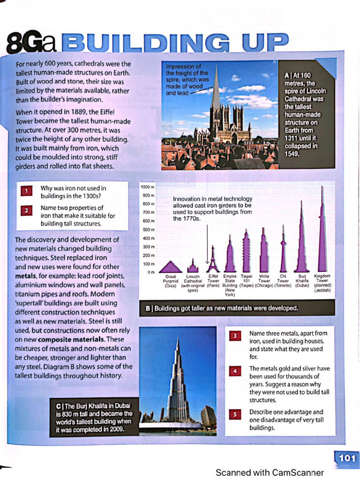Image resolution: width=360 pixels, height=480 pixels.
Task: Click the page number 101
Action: tap(346, 458)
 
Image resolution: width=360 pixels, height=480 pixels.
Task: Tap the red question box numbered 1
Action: tap(27, 191)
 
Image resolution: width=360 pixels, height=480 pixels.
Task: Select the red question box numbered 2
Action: tap(27, 211)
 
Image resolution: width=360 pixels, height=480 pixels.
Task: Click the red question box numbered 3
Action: tap(235, 336)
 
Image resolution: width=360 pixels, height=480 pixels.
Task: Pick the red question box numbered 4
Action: tap(235, 371)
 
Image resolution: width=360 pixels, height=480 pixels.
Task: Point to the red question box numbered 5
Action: tap(235, 414)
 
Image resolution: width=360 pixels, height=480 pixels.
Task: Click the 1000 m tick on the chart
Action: tap(148, 187)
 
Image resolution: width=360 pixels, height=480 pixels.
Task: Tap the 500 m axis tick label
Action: tap(148, 229)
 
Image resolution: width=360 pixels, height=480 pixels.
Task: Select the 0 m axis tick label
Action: tap(150, 272)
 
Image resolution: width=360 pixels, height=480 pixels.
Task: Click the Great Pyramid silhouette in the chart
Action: tap(171, 268)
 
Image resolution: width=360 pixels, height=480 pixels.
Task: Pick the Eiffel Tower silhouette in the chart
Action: tap(213, 261)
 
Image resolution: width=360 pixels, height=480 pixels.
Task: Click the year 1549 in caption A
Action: tap(292, 154)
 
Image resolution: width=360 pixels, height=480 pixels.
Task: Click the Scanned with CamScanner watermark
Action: tap(270, 472)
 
